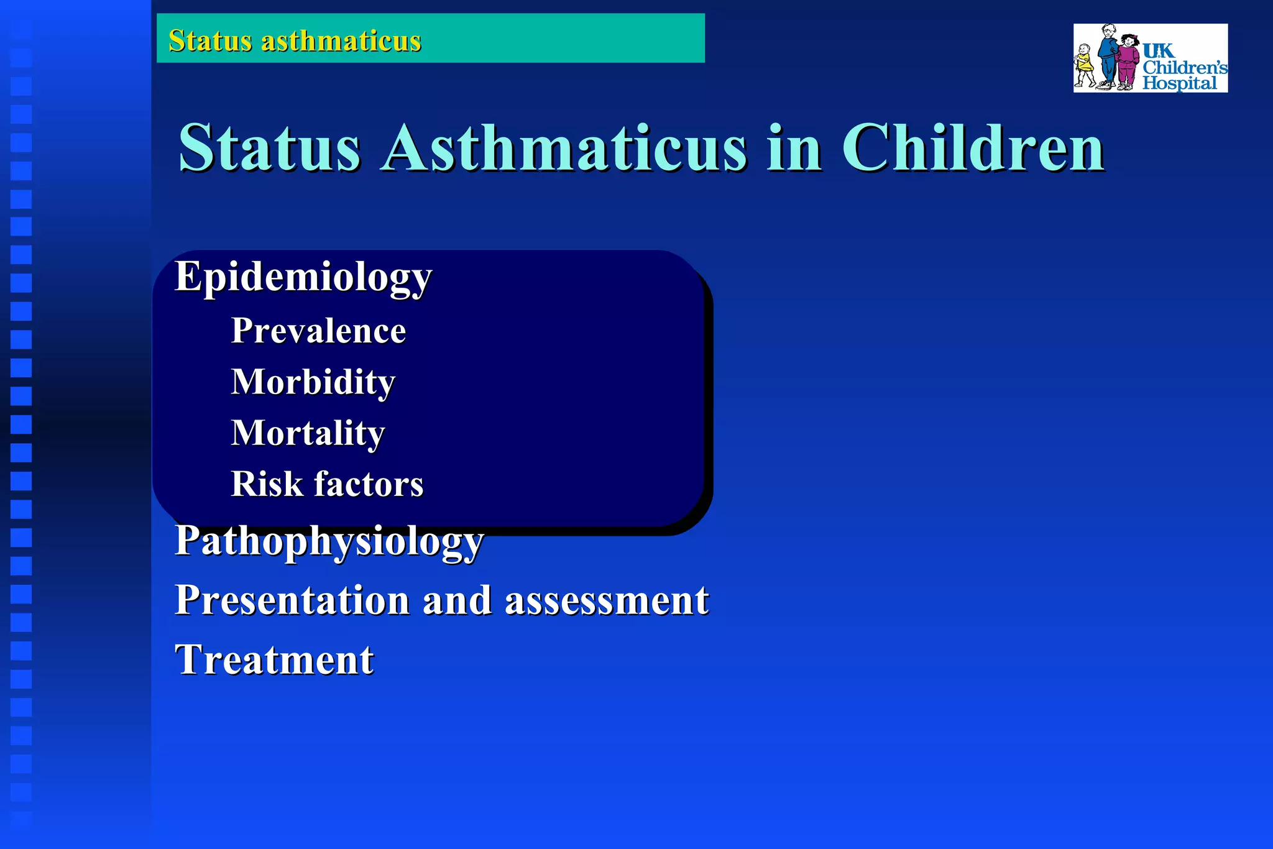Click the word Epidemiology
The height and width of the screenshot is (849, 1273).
[x=303, y=277]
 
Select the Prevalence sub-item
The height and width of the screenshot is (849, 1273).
[x=318, y=331]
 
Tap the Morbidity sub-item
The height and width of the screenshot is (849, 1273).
[x=313, y=382]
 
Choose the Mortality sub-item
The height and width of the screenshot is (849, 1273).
[x=308, y=433]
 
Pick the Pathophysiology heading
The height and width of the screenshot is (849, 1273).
[x=329, y=541]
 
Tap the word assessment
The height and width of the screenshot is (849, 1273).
[x=607, y=601]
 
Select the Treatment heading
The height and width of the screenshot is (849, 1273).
[x=274, y=659]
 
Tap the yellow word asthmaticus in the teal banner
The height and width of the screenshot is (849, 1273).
[x=341, y=41]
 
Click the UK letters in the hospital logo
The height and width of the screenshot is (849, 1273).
[x=1158, y=50]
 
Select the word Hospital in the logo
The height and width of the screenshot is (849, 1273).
[x=1179, y=83]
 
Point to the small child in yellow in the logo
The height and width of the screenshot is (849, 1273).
[x=1085, y=65]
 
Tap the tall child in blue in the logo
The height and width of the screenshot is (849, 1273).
[x=1107, y=56]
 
